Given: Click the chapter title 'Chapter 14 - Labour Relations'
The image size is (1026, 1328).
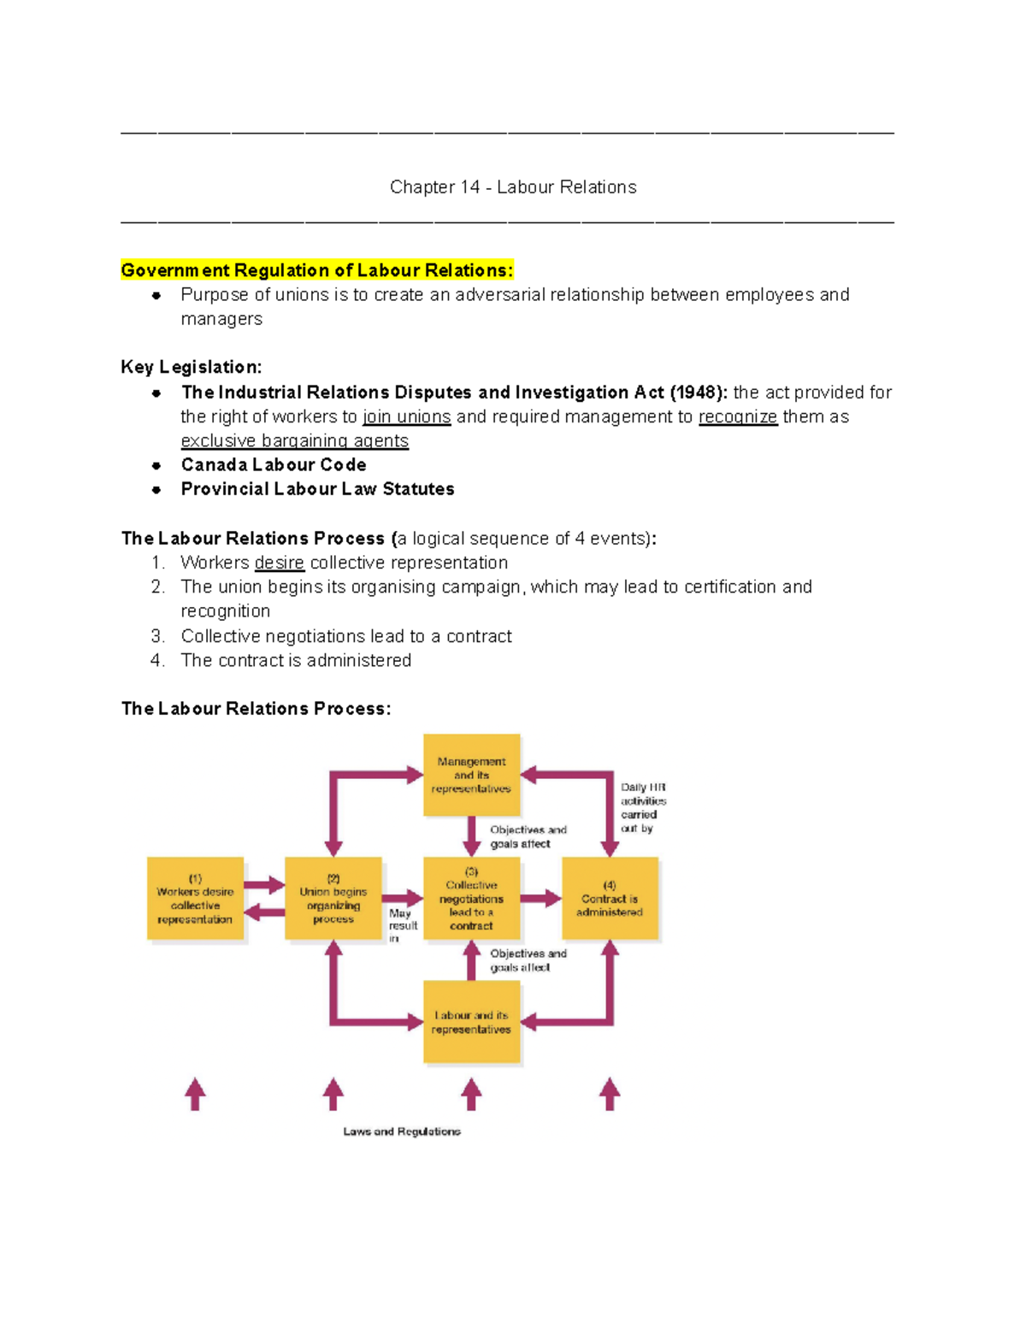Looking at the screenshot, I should coord(513,187).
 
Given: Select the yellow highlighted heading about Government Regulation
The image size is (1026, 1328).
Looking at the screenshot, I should coord(317,270).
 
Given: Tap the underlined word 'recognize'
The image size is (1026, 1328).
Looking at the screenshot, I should coord(738,416).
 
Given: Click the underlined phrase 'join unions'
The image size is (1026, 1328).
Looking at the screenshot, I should coord(406,416).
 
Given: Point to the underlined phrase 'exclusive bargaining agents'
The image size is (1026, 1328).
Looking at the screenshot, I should coord(294,440).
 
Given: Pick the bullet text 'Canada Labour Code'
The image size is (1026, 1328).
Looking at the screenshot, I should coord(274,464).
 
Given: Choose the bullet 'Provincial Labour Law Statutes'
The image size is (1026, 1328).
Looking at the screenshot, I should coord(317,489).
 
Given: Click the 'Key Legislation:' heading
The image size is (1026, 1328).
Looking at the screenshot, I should coord(192,367).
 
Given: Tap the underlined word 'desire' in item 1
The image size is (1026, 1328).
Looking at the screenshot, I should coord(279,563).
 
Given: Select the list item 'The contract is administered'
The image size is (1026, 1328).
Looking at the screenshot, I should coord(296,660).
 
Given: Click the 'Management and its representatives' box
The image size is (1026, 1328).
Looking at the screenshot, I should coord(471,775).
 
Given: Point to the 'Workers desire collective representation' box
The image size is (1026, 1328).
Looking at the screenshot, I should coord(195,899).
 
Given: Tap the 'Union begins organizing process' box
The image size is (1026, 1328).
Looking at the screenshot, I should coord(333,899).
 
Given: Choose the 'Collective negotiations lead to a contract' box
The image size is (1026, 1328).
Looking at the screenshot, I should coord(471,899).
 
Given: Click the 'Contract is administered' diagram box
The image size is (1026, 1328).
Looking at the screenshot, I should coord(610,899).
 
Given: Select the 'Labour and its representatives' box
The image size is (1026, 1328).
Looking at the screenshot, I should coord(471,1022).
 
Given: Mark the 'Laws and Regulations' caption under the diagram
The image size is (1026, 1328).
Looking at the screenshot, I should coord(402,1131).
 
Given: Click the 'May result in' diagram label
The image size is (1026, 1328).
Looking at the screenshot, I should coord(402,925).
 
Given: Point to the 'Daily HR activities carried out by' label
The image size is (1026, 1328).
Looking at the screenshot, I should coord(643,807).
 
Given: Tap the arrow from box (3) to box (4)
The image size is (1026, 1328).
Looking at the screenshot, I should coord(540,899).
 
